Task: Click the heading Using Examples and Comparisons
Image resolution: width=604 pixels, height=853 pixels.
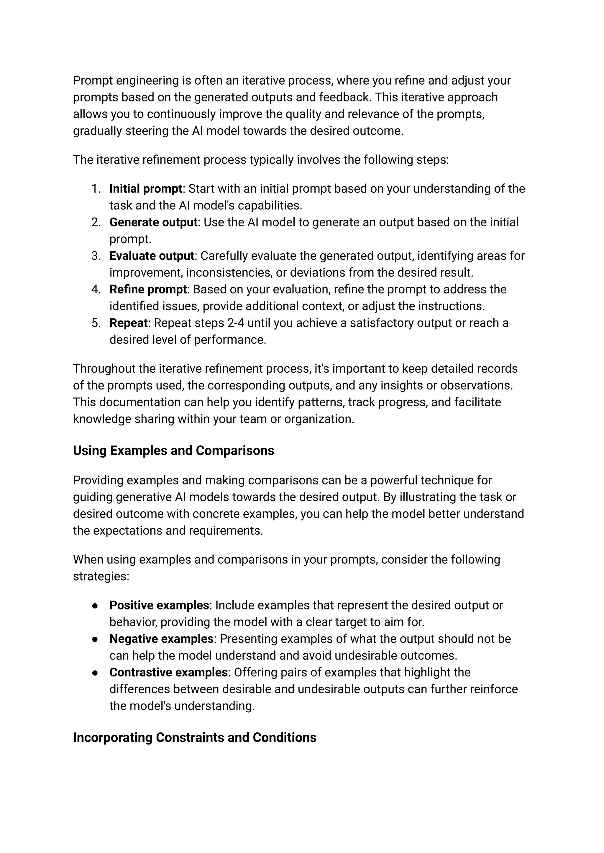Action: pyautogui.click(x=173, y=451)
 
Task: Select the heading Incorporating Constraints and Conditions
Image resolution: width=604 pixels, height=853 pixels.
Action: pyautogui.click(x=195, y=737)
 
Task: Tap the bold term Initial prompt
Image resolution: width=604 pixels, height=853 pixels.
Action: pyautogui.click(x=146, y=189)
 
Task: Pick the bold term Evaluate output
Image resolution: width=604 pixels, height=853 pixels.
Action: pyautogui.click(x=152, y=256)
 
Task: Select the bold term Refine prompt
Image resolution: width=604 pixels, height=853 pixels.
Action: pyautogui.click(x=148, y=289)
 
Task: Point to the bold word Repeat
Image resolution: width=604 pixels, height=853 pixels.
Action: pyautogui.click(x=128, y=323)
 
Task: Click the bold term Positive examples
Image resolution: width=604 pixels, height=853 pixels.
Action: pyautogui.click(x=159, y=605)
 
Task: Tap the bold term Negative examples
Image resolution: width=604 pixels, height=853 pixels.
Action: pyautogui.click(x=161, y=639)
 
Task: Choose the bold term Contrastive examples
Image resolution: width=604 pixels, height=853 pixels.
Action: pyautogui.click(x=168, y=672)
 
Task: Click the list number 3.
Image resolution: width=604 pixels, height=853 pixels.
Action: pyautogui.click(x=96, y=256)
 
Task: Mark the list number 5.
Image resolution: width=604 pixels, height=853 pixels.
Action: pyautogui.click(x=96, y=323)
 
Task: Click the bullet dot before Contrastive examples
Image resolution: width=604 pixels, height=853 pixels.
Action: pyautogui.click(x=95, y=673)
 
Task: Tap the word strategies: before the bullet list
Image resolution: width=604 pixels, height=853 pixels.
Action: pyautogui.click(x=101, y=576)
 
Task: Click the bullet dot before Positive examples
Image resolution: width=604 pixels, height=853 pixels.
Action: pyautogui.click(x=95, y=606)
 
